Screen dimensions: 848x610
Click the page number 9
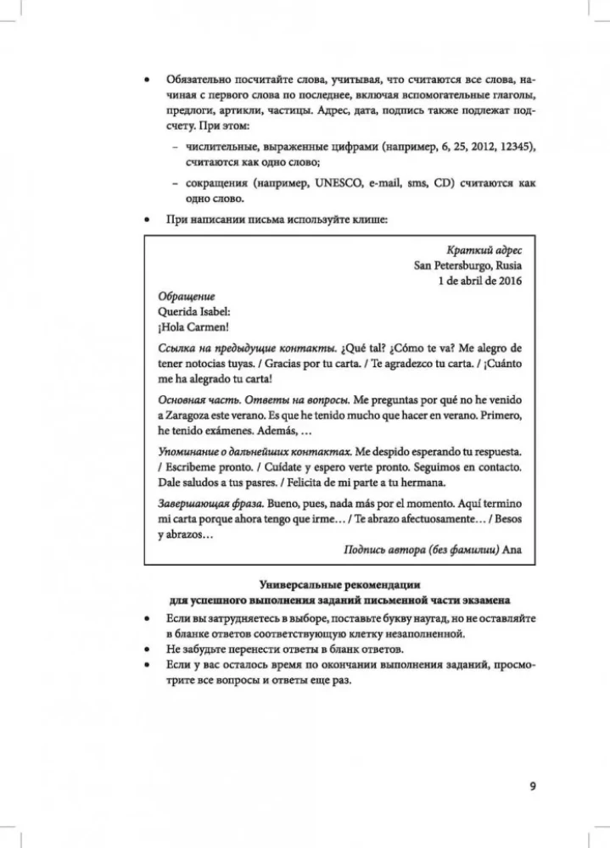(x=532, y=785)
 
